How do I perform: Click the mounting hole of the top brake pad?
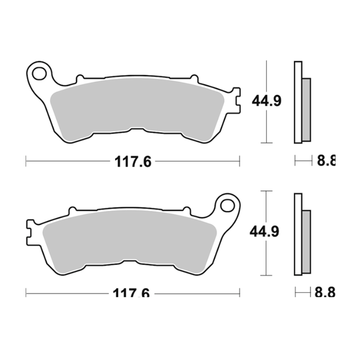pos(39,72)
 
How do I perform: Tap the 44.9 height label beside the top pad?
pos(266,101)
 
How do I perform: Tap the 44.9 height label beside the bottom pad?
pos(266,232)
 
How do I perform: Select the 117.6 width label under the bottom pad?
pos(131,293)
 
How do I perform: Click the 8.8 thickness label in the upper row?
pos(326,161)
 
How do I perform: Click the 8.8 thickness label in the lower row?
pos(325,293)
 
